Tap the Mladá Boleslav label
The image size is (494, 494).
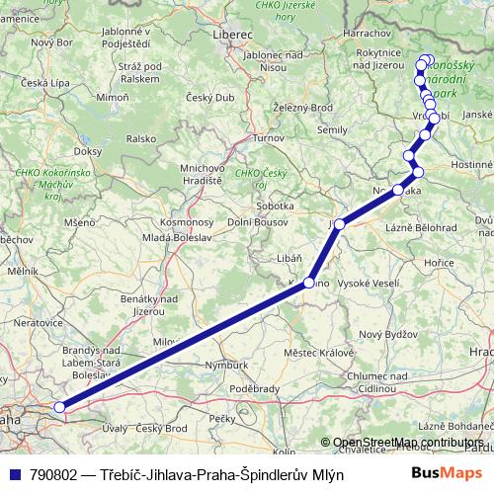point(175,238)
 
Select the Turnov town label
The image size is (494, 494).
point(268,138)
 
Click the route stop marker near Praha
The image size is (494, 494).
point(59,406)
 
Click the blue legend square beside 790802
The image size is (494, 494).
point(12,474)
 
